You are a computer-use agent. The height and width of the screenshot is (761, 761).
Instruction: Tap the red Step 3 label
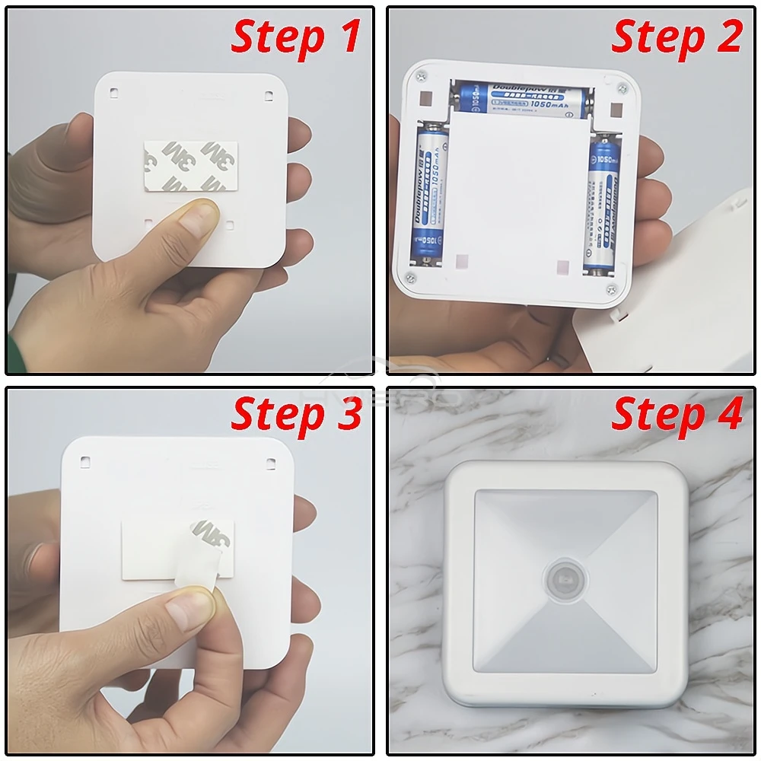coord(296,416)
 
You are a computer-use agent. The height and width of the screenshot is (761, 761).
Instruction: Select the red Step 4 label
coord(677,416)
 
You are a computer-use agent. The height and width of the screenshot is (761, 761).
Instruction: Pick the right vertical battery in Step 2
coord(604,209)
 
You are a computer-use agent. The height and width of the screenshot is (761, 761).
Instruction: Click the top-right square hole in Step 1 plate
coord(269,95)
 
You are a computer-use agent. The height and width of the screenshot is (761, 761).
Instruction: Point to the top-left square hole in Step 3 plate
coord(85,461)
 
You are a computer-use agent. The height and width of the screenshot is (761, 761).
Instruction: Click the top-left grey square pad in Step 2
coord(428,100)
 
